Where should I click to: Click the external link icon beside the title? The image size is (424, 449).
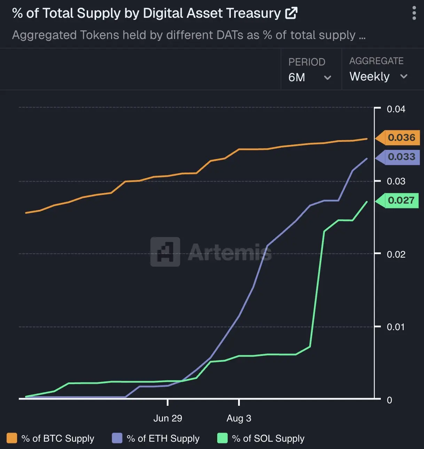click(291, 13)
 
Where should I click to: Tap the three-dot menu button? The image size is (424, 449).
click(414, 13)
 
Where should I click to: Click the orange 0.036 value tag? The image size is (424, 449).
click(401, 137)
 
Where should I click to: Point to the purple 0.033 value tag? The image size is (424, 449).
click(401, 157)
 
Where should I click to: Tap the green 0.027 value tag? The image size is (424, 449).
click(401, 200)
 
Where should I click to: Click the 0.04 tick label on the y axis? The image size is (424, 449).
click(396, 109)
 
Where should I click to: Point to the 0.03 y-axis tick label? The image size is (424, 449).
click(396, 181)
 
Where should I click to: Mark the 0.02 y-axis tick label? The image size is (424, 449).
click(396, 254)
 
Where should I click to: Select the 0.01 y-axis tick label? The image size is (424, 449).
click(396, 327)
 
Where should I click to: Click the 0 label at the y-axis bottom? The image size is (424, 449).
click(390, 400)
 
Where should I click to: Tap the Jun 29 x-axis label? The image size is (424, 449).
click(168, 418)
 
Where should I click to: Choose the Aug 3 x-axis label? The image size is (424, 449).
click(239, 418)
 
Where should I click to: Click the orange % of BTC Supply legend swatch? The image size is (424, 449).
click(12, 438)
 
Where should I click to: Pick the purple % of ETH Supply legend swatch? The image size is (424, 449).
click(117, 438)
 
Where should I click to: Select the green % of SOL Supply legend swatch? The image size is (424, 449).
click(222, 438)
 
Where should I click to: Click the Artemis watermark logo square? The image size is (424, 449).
click(165, 252)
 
